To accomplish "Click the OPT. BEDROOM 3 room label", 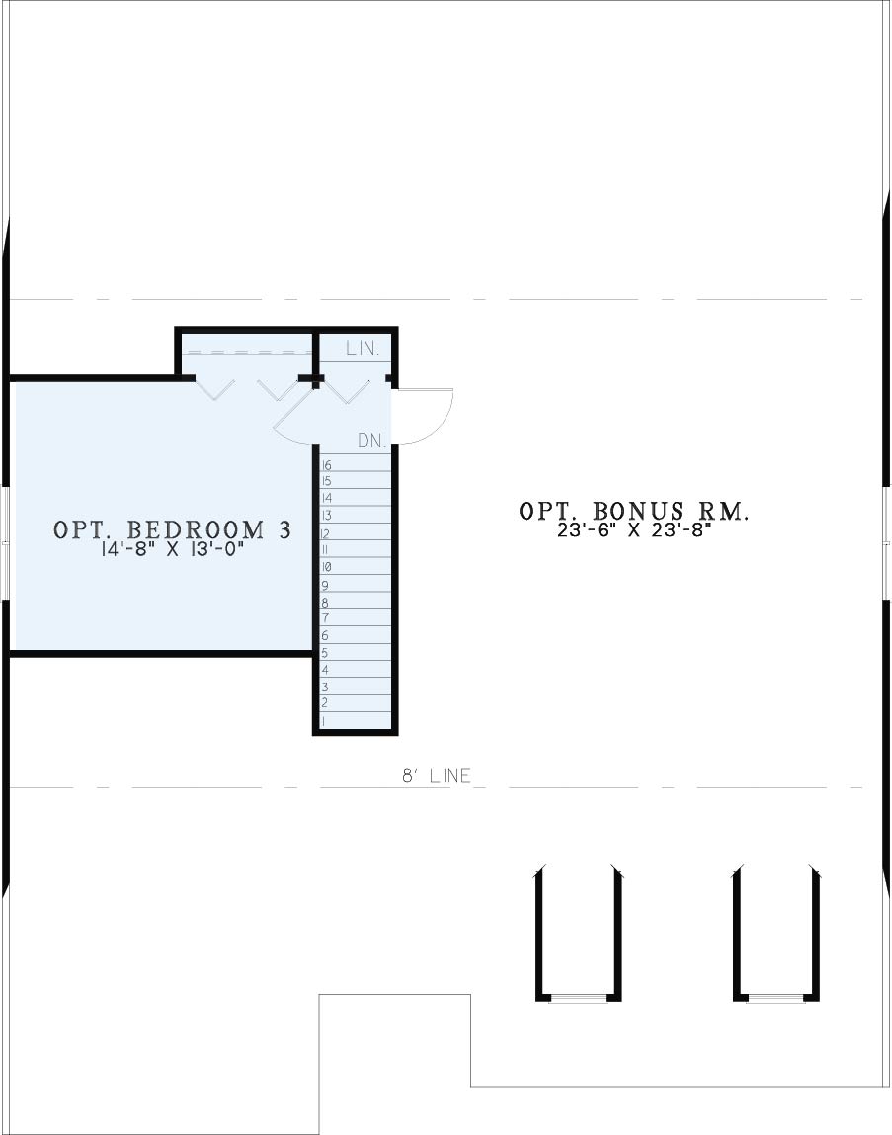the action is click(172, 529).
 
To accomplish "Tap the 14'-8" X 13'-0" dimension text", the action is click(172, 550).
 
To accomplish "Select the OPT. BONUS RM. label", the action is click(634, 511).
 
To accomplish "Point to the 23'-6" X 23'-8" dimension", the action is click(634, 530).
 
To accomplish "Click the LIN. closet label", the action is click(362, 348).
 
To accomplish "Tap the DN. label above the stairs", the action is click(372, 441).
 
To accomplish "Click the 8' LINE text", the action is click(437, 776).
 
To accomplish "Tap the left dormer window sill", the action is click(579, 999).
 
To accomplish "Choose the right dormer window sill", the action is click(776, 999).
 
